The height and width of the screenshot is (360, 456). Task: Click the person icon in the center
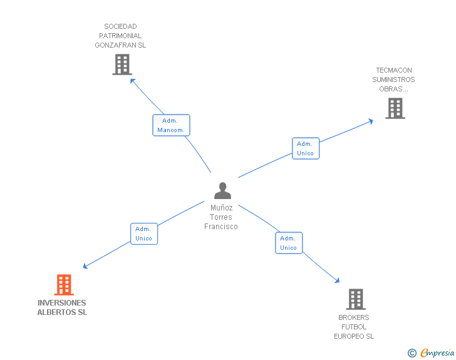coord(222,190)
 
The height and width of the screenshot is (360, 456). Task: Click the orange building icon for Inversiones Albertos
coord(63,285)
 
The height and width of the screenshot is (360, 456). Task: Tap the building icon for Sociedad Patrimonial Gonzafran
coord(122,64)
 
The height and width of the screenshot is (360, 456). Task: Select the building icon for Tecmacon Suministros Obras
coord(395,108)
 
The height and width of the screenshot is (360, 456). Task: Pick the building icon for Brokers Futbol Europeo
coord(355,299)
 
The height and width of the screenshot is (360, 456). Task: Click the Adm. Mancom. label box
coord(171,125)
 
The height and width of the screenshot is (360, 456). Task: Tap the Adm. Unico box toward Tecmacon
coord(306,148)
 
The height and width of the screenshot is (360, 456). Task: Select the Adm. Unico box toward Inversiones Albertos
coord(144,234)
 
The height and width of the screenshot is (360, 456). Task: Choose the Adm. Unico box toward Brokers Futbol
coord(289,243)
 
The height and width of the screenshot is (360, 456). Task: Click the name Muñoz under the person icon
coord(222,208)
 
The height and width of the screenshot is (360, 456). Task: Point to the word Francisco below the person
coord(221,227)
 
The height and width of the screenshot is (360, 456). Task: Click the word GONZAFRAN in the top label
coord(120,45)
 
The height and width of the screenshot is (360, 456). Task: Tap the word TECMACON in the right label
coord(394,70)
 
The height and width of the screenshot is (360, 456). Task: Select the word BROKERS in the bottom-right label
coord(354,317)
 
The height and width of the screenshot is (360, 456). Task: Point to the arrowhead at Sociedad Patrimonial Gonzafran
coord(131,80)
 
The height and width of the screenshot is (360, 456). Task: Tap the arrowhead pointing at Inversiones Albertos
coord(85,267)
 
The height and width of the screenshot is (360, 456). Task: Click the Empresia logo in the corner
coord(437,353)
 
